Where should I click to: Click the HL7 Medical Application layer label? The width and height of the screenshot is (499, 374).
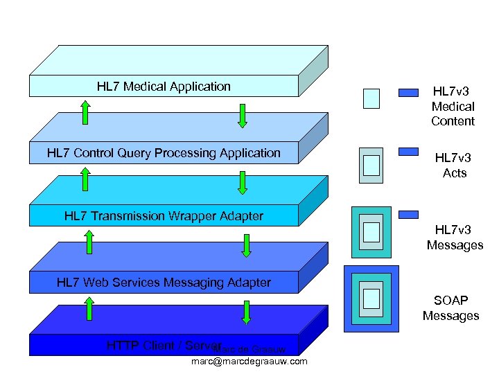(164, 87)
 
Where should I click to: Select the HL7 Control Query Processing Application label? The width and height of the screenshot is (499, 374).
(164, 153)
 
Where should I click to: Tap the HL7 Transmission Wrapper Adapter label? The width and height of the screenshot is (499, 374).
(164, 216)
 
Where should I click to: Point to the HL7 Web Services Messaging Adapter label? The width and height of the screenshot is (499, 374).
(164, 282)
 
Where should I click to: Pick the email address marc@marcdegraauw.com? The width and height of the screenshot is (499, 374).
(249, 362)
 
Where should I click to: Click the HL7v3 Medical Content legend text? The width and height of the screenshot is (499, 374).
(453, 107)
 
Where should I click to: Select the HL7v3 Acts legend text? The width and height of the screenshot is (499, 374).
(455, 166)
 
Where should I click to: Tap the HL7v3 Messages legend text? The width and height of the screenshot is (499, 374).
(455, 238)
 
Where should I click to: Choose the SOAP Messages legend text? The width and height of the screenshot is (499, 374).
(450, 308)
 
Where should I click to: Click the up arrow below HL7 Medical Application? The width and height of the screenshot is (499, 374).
(85, 112)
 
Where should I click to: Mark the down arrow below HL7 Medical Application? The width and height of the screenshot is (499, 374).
(242, 116)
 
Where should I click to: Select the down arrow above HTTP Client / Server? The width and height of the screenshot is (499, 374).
(247, 312)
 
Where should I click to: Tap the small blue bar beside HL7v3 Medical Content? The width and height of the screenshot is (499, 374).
(409, 92)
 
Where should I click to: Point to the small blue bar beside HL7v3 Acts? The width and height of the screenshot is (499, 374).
(409, 151)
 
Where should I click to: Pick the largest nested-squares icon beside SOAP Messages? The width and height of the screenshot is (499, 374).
(371, 298)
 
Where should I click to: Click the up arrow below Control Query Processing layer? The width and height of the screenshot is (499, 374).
(85, 178)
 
